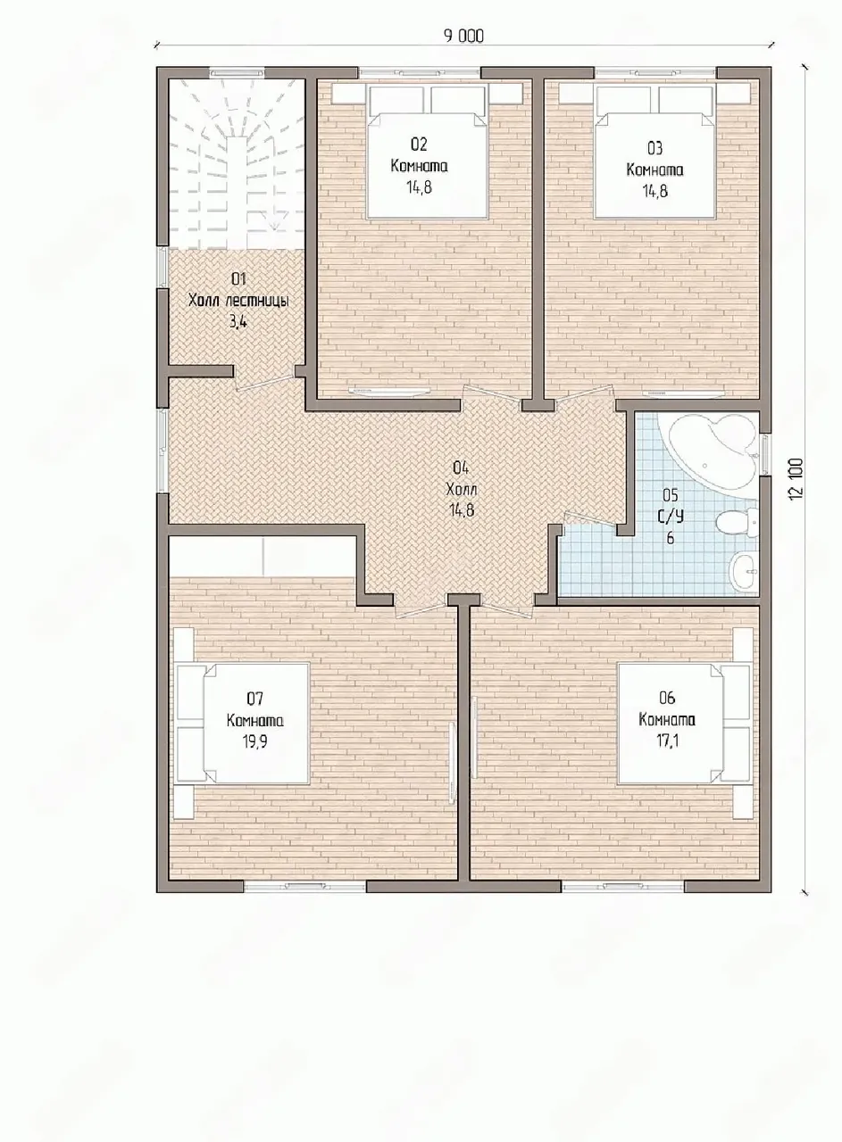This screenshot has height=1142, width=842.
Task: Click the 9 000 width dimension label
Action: click(x=463, y=37)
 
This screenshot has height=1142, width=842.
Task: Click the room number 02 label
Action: click(x=419, y=145)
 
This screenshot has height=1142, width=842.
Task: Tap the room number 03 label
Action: click(x=654, y=148)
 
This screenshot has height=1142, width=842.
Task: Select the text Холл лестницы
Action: click(x=238, y=301)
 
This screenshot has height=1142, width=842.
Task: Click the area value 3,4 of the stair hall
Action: click(x=238, y=322)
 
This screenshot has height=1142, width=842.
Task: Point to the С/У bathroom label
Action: click(x=670, y=517)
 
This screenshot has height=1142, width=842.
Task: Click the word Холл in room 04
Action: click(x=462, y=490)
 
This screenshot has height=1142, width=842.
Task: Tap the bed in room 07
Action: click(x=241, y=723)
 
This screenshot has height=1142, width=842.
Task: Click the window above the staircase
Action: click(x=237, y=73)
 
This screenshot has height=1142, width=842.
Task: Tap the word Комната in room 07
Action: click(x=255, y=721)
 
